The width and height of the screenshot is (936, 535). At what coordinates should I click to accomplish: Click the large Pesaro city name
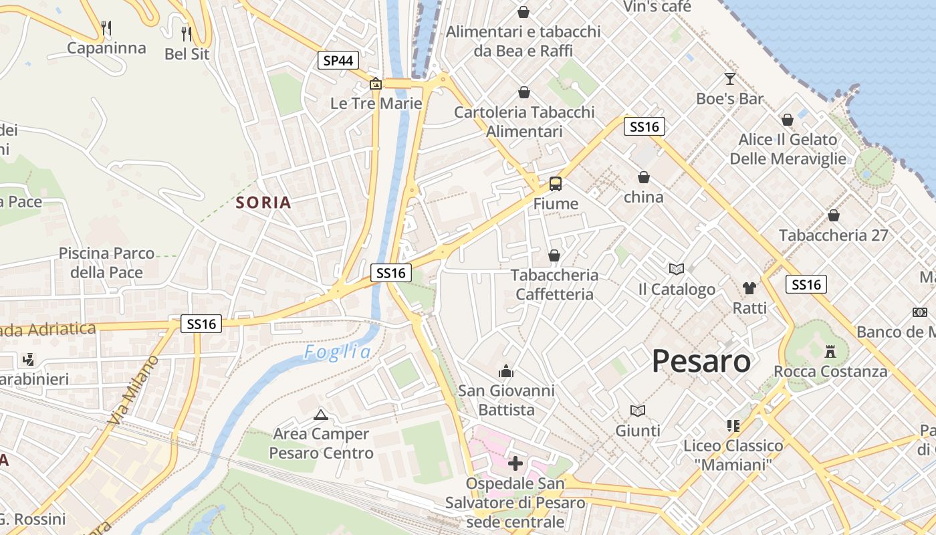coord(701,361)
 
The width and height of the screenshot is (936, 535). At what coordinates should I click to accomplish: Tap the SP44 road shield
coord(338,61)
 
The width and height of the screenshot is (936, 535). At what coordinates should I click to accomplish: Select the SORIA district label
coord(263,203)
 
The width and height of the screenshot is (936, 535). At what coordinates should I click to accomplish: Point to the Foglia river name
coord(337,352)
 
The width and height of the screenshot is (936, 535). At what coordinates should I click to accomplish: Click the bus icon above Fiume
coord(556,184)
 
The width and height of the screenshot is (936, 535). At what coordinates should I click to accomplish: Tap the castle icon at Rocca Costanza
coord(830,351)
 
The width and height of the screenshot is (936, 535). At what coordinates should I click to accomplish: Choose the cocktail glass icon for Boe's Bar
coord(729,79)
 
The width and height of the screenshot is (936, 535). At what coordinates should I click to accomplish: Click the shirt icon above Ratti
coord(749,288)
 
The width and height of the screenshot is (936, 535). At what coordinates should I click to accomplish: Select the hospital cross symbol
coord(515,463)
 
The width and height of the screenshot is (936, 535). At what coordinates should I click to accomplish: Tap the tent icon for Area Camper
coord(321,415)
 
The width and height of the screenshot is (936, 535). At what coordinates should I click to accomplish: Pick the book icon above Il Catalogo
coord(677,269)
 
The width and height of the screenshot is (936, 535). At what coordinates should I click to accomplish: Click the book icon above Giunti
coord(638,411)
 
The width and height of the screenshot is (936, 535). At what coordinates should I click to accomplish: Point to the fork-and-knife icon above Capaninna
coord(106,27)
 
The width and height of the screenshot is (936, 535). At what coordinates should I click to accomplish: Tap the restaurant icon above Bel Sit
coord(187,33)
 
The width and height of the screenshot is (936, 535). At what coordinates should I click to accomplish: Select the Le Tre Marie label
coord(376,104)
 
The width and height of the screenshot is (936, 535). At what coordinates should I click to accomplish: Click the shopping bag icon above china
coord(644,177)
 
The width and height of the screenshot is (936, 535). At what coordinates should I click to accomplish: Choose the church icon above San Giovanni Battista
coord(506,370)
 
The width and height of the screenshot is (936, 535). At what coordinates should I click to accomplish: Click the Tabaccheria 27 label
coord(834,235)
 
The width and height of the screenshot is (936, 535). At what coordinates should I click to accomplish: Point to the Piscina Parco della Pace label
coord(107,263)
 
